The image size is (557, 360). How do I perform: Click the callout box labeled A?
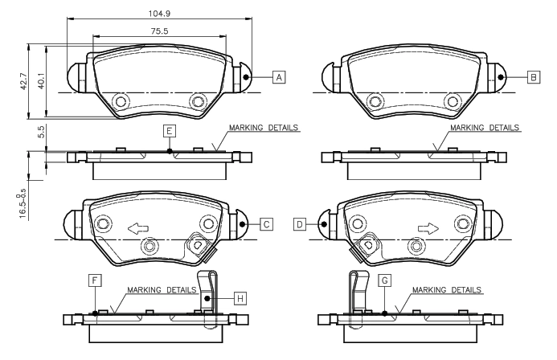click(279, 77)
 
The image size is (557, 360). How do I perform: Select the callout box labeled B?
click(534, 77)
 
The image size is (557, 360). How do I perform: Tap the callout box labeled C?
click(266, 224)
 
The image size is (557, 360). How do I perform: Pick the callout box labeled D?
click(300, 224)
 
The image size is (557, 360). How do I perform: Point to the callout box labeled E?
click(170, 131)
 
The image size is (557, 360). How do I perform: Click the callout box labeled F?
click(95, 280)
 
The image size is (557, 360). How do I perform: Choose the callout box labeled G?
click(385, 280)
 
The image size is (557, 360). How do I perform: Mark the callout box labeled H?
click(240, 299)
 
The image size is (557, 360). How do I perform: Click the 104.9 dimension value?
click(159, 14)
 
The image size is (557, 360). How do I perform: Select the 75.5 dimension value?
click(159, 31)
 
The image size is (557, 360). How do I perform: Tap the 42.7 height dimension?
click(23, 81)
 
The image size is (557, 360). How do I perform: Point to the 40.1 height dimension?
click(41, 81)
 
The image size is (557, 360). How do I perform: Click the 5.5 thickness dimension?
click(41, 132)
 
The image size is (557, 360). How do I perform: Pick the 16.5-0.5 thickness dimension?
click(22, 204)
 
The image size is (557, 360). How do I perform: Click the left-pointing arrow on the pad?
click(138, 229)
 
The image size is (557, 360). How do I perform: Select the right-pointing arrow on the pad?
click(428, 229)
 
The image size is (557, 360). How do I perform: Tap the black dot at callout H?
click(207, 299)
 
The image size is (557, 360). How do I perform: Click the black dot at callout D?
click(324, 224)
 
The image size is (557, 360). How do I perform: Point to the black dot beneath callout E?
click(170, 151)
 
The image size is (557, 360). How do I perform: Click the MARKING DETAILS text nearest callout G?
click(447, 290)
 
